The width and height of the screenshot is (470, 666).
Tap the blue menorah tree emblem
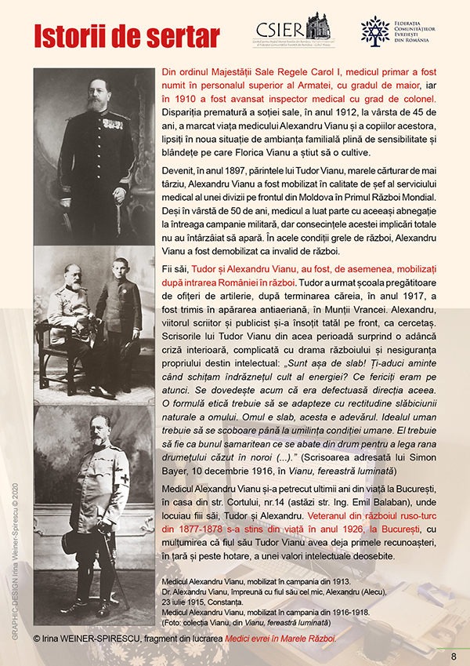(x=374, y=30)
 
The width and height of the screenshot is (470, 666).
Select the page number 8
(x=454, y=657)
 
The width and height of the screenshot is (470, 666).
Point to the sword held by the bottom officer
(x=117, y=565)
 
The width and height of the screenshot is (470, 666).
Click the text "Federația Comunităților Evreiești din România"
(x=427, y=31)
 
